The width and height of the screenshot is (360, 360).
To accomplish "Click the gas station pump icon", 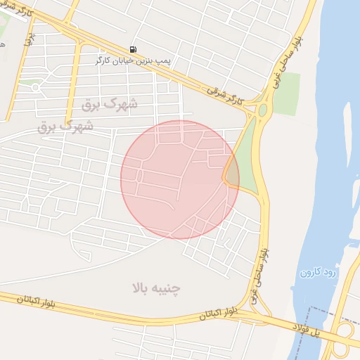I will click(x=133, y=49).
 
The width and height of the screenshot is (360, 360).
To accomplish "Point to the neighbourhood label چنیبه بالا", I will click(x=156, y=288).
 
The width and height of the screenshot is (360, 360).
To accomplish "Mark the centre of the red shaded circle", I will click(x=180, y=179).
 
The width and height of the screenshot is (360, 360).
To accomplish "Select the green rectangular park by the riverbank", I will click(x=286, y=93).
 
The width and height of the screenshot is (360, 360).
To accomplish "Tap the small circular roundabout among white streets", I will click(x=35, y=87).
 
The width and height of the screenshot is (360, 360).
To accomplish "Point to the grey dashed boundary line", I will click(x=330, y=309).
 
